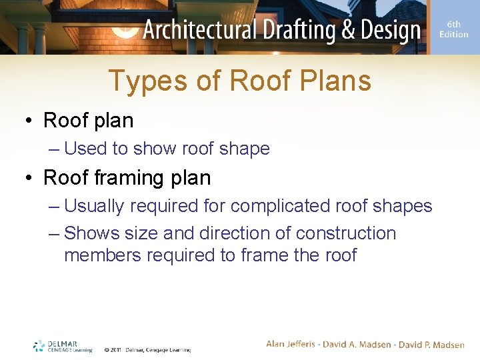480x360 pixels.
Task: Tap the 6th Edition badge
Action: click(x=454, y=29)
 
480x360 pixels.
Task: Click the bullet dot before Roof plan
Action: click(x=30, y=121)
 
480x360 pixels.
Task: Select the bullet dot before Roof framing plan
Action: click(x=30, y=178)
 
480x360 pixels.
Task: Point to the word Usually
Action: click(x=94, y=206)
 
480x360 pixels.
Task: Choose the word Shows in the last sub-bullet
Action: click(x=91, y=233)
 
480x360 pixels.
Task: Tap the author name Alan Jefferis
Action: click(x=293, y=344)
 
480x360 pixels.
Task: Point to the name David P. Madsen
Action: click(x=432, y=344)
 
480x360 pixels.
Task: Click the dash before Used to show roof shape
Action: click(x=54, y=148)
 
